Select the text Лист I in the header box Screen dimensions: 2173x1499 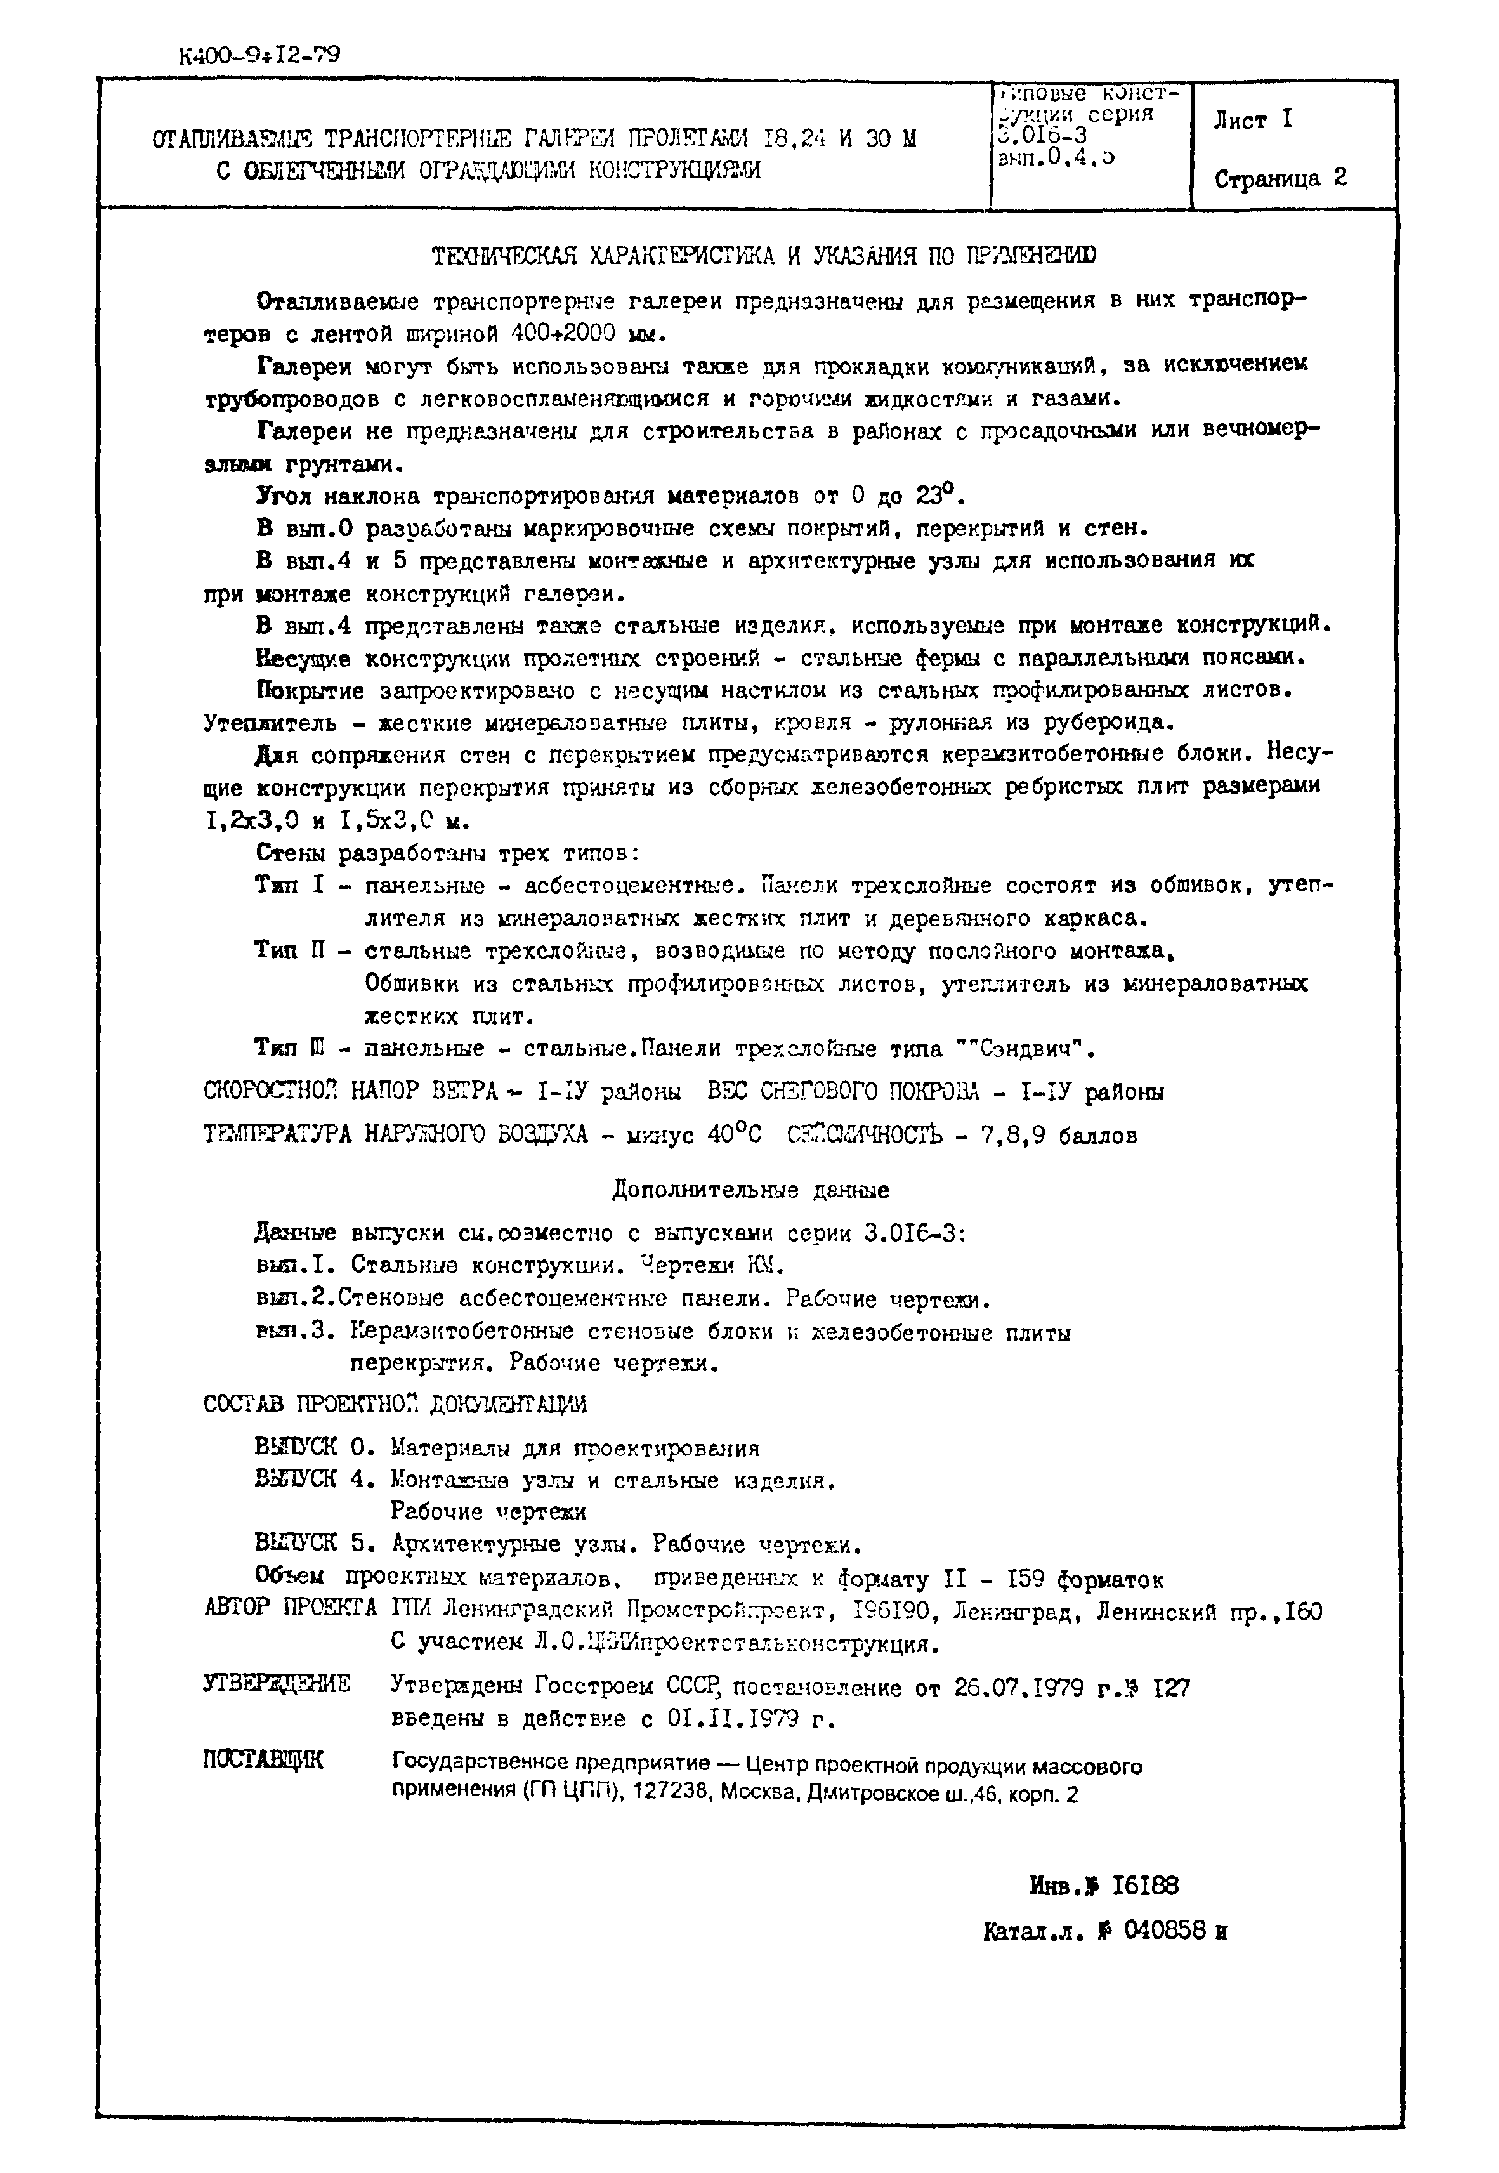pos(1252,120)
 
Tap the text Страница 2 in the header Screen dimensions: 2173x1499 pos(1280,178)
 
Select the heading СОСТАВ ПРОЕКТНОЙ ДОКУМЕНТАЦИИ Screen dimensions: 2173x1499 pos(395,1404)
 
